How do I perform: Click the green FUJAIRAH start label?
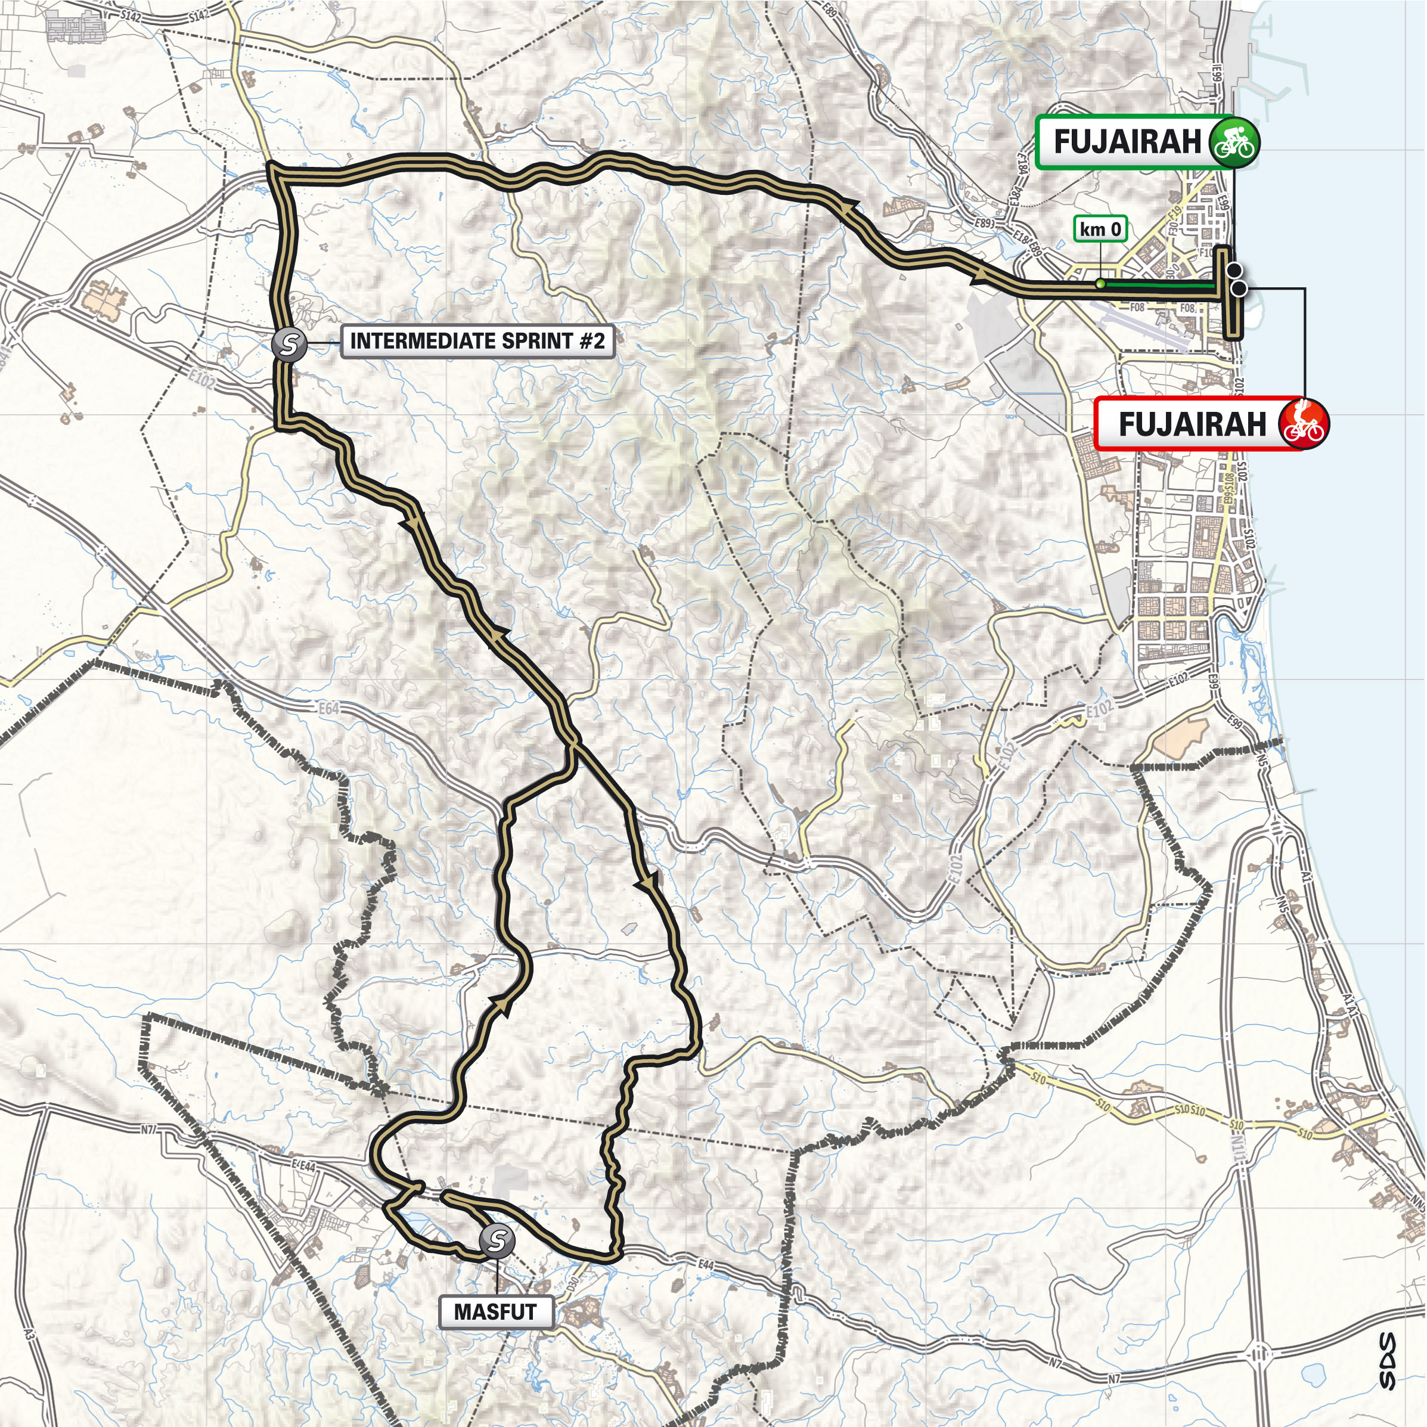point(1127,142)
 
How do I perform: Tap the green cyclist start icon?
point(1235,142)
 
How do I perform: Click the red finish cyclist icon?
point(1304,424)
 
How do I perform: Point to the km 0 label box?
point(1100,229)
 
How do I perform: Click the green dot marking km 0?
point(1100,284)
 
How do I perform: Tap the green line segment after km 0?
point(1159,284)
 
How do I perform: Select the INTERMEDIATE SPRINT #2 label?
point(477,341)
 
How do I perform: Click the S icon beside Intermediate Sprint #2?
point(288,343)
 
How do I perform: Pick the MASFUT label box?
point(495,1312)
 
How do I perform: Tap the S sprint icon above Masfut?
point(497,1239)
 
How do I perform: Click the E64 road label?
point(330,708)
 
